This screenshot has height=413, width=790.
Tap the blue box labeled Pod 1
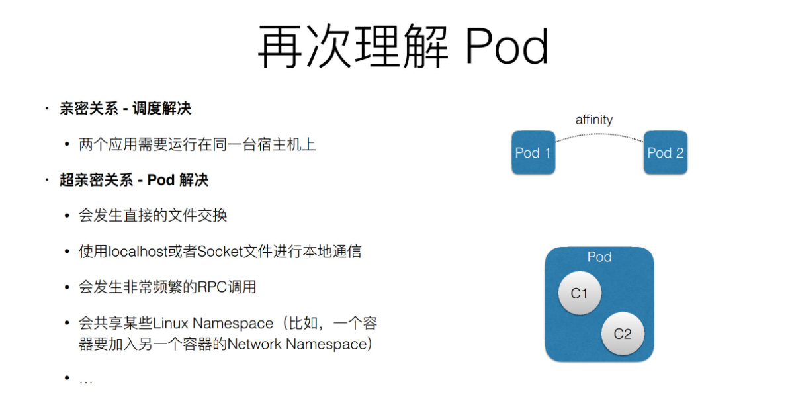point(533,153)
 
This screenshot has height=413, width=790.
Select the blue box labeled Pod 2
point(665,153)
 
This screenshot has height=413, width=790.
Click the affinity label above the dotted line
point(593,120)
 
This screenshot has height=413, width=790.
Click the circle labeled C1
point(580,293)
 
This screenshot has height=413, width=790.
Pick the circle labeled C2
point(623,334)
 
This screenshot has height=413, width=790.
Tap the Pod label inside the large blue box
point(599,257)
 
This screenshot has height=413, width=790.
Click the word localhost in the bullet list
point(137,252)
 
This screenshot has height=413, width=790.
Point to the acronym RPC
point(212,287)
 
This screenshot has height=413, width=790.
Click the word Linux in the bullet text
point(171,324)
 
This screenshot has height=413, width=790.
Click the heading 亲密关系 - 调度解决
point(125,109)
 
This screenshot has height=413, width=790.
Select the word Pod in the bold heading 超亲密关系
point(160,180)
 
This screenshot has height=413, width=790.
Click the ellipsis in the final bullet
point(86,380)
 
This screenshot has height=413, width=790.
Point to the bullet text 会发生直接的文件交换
point(153,216)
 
